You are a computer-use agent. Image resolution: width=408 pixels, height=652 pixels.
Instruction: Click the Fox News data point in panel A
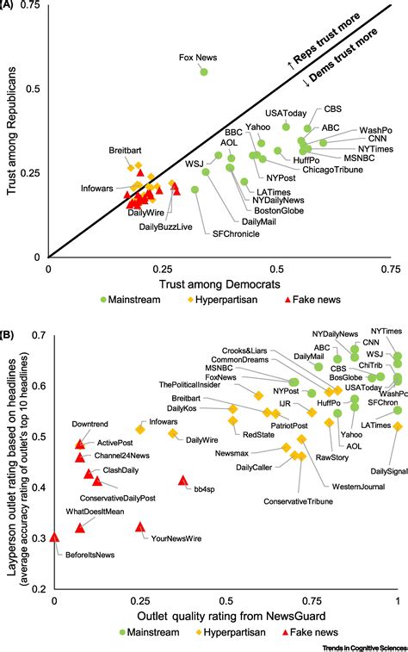coord(204,72)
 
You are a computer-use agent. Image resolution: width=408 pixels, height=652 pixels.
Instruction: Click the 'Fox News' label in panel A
coord(197,58)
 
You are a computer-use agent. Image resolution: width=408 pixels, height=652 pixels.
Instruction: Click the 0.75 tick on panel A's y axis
coord(33,7)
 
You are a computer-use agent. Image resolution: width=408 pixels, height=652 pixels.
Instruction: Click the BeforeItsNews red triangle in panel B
coord(54,537)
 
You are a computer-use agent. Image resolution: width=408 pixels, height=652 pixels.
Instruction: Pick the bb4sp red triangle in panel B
coord(182,481)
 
